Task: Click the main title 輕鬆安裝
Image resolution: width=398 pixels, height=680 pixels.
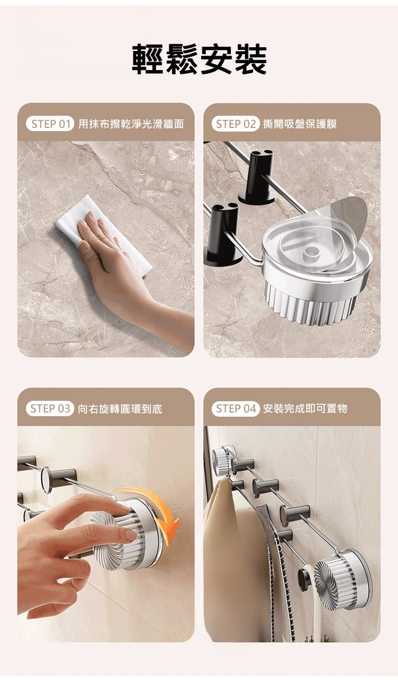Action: (199, 59)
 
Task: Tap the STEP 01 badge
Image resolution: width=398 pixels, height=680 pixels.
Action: (50, 124)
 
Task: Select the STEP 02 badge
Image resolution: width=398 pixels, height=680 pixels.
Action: (236, 124)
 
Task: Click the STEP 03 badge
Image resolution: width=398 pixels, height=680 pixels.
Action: (50, 409)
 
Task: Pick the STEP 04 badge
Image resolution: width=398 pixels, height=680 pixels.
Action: (236, 409)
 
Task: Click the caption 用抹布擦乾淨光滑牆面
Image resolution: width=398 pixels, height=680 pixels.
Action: (131, 124)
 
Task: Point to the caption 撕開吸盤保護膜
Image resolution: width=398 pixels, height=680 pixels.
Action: (300, 124)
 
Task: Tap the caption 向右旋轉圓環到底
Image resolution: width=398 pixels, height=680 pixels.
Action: (120, 409)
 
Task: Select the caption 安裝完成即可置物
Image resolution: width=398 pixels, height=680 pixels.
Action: (305, 409)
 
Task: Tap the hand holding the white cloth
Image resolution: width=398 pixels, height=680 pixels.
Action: (127, 273)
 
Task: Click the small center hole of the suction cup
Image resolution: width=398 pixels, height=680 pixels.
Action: (310, 252)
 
